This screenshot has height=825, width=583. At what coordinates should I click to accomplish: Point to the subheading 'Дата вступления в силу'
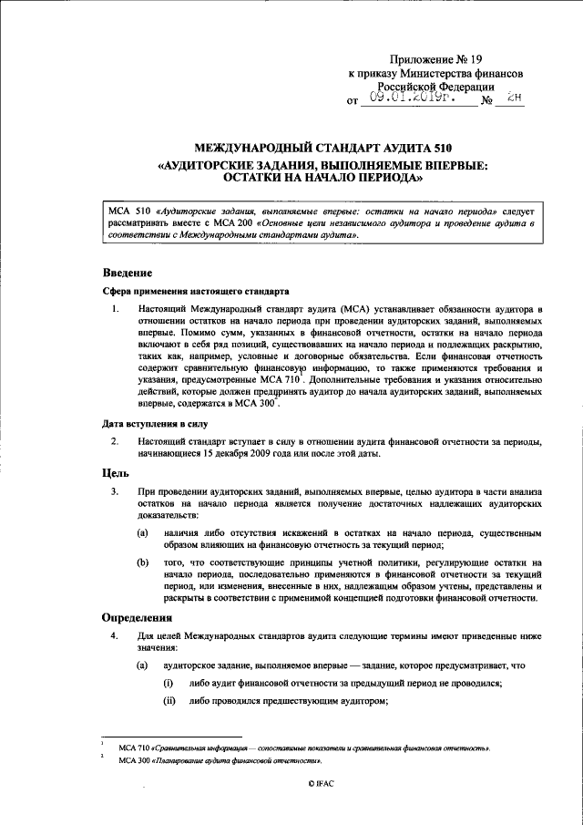coord(154,423)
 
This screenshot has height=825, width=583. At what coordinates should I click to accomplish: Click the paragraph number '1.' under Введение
coord(117,311)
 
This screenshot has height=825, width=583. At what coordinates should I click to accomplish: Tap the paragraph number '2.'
coord(117,441)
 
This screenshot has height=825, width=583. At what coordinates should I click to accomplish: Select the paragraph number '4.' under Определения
coord(117,635)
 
